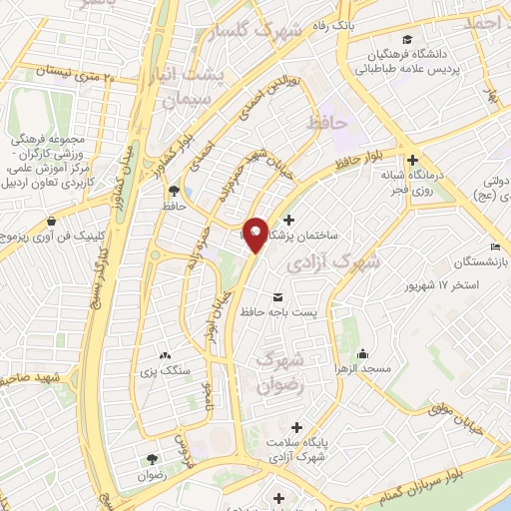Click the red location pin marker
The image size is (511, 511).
[255, 236]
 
